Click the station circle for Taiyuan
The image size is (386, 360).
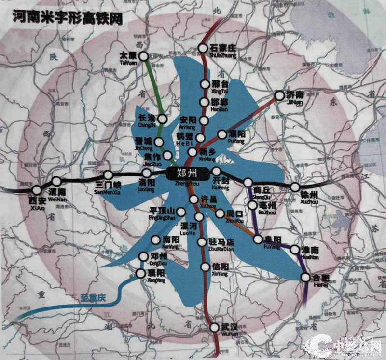143,56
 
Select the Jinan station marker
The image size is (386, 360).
279,95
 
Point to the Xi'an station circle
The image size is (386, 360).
37,190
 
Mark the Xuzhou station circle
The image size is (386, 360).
295,187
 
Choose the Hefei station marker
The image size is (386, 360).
305,277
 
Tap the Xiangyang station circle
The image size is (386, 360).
140,273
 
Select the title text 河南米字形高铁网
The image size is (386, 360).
68,19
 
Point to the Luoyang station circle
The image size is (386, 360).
146,173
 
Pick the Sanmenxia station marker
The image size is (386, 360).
108,175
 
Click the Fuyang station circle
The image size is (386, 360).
257,239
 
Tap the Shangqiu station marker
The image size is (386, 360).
248,182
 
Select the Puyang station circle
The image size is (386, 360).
222,134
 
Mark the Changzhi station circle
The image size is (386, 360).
163,119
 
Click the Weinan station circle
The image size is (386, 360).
56,182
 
